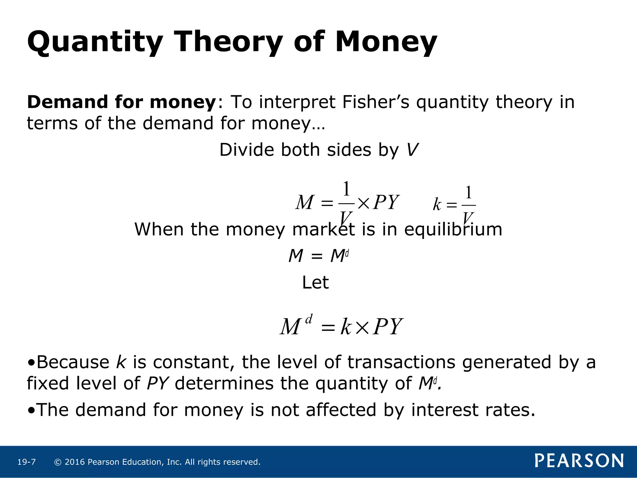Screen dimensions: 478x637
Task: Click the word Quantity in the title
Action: [x=95, y=42]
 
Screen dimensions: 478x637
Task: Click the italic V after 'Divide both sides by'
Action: [x=412, y=150]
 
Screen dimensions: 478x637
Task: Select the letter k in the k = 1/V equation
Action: [x=437, y=205]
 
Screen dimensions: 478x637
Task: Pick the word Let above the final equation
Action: [x=315, y=283]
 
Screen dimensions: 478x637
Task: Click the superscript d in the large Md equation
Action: [x=309, y=319]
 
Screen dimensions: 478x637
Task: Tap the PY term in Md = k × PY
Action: [x=388, y=327]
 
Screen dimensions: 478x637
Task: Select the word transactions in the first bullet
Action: [x=401, y=363]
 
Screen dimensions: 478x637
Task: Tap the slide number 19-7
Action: [x=26, y=462]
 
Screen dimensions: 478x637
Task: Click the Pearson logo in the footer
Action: [x=579, y=461]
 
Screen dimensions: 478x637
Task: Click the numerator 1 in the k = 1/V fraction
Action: [x=469, y=193]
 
